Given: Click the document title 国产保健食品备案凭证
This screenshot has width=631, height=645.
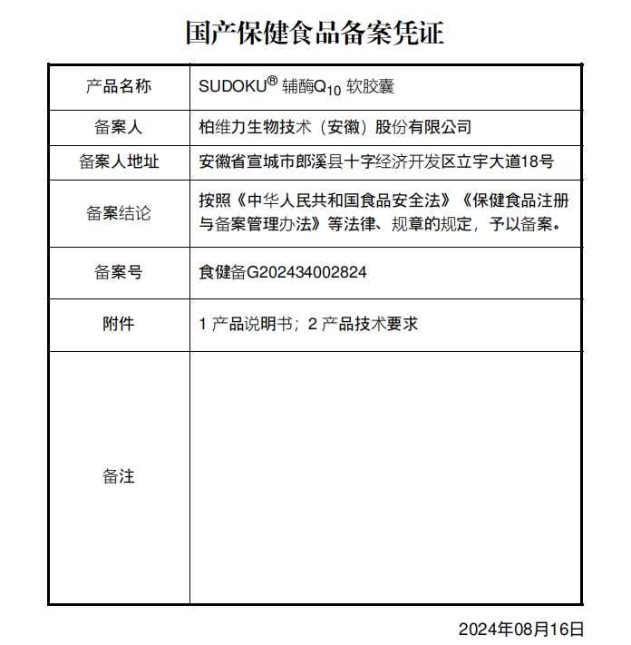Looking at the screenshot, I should click(315, 34).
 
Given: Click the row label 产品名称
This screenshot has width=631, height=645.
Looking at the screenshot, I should click(119, 87).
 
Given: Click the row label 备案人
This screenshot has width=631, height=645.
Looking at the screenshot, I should click(119, 128).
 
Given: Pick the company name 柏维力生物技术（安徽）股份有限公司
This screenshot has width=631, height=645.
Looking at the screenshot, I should click(335, 128).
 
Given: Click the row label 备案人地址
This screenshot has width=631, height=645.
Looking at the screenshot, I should click(119, 162).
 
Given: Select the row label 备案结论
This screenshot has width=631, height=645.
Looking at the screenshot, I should click(119, 214).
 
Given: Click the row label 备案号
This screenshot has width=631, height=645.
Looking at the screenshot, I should click(119, 272).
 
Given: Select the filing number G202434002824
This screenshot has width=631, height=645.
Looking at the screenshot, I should click(306, 272).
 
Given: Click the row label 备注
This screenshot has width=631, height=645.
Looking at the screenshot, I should click(119, 476).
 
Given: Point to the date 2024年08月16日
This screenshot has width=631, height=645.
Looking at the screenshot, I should click(520, 629).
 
